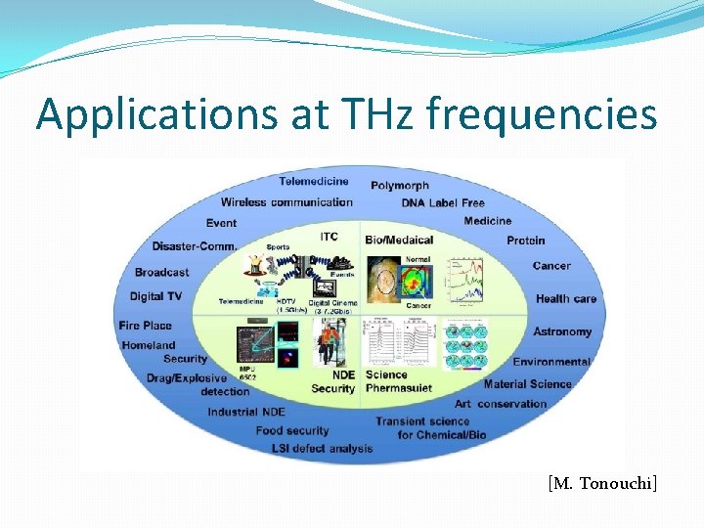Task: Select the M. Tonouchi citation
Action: (602, 482)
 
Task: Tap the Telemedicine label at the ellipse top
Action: (313, 181)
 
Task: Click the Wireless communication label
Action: (286, 202)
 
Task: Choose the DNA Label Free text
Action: (443, 203)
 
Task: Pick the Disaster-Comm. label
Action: (195, 245)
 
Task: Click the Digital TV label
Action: (155, 296)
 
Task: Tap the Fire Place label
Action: (145, 326)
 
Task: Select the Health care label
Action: (566, 299)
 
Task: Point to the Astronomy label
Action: (562, 332)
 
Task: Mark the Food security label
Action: (292, 430)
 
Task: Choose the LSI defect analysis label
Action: (323, 449)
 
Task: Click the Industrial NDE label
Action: (246, 412)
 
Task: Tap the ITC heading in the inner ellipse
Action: (330, 237)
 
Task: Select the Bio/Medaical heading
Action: (399, 240)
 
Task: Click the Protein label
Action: (526, 241)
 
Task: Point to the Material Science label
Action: (527, 384)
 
